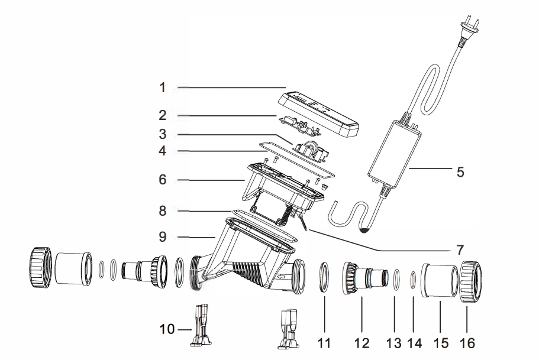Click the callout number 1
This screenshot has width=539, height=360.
(x=162, y=88)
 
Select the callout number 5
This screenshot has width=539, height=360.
(x=460, y=173)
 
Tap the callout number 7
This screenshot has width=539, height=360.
(x=460, y=249)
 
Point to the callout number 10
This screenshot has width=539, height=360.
(x=167, y=329)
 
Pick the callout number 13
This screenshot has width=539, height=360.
(x=393, y=343)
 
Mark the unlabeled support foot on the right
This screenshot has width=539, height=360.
(x=289, y=328)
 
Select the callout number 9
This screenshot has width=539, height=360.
(x=162, y=237)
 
